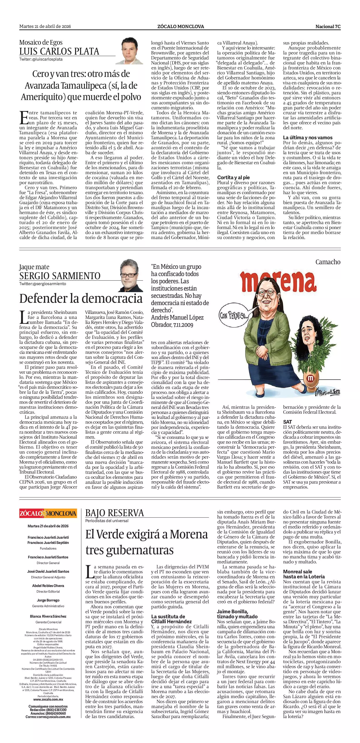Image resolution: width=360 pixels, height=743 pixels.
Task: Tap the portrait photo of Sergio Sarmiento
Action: click(132, 276)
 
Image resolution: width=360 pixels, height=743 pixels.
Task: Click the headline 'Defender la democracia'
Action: click(81, 298)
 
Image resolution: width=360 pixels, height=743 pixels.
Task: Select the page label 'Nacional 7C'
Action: click(328, 27)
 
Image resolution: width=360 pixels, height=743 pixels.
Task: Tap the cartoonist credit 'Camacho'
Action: click(328, 262)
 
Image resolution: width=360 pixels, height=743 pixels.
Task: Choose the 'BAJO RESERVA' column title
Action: click(115, 513)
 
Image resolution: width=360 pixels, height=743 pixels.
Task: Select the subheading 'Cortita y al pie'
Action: click(233, 177)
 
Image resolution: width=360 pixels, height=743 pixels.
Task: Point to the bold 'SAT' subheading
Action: click(287, 422)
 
